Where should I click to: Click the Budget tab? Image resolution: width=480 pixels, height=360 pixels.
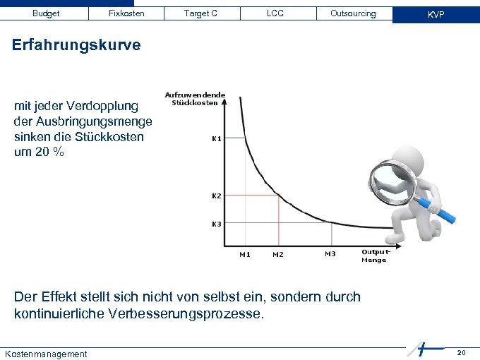click(x=46, y=13)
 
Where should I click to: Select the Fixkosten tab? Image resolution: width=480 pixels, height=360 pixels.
click(x=126, y=13)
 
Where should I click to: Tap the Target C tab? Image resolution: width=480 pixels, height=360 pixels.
click(x=200, y=13)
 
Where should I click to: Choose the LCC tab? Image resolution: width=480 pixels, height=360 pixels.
click(x=275, y=13)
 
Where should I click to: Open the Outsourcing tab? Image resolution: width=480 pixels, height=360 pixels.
click(x=353, y=13)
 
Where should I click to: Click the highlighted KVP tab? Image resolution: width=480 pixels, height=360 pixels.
click(x=436, y=14)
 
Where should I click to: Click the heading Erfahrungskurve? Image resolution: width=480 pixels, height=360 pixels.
click(x=77, y=45)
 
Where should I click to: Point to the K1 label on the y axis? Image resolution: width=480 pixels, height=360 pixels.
click(x=217, y=138)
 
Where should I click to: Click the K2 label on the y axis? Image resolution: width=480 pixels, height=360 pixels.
click(x=217, y=195)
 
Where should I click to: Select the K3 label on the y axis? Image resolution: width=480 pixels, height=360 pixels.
click(x=217, y=224)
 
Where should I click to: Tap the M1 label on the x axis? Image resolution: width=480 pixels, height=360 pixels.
click(x=245, y=254)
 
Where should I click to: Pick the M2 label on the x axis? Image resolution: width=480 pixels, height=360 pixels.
click(x=278, y=254)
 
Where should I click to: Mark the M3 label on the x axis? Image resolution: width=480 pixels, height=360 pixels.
click(x=330, y=253)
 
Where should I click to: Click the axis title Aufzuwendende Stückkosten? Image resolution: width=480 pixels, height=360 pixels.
click(x=195, y=99)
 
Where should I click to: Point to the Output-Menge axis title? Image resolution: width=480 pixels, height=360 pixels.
click(x=374, y=256)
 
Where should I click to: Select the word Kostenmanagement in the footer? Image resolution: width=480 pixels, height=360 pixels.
click(x=46, y=354)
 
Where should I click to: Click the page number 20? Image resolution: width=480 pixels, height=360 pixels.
click(x=461, y=352)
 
